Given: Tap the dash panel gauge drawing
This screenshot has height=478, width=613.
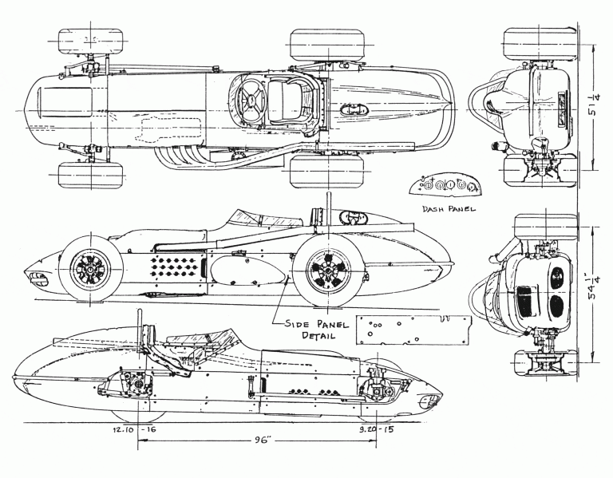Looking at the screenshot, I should [445, 187].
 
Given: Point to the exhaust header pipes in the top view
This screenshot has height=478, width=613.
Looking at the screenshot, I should [184, 155].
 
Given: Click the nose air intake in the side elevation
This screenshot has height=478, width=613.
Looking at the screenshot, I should [36, 277].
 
